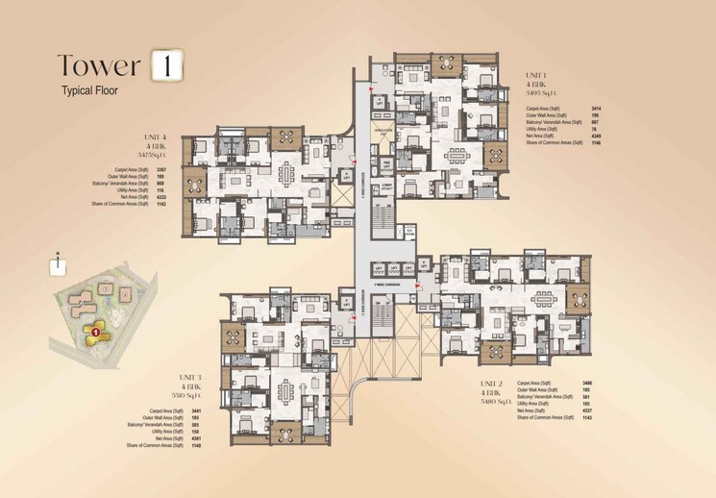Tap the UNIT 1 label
point(536,75)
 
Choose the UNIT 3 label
point(189,378)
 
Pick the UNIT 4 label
point(154,137)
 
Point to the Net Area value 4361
point(197,438)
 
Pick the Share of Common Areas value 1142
point(174,204)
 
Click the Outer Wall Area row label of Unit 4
point(131,177)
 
